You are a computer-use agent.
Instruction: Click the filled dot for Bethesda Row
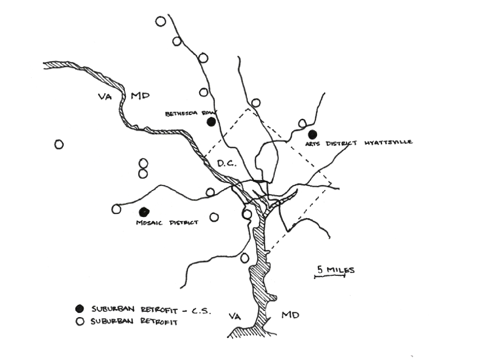click(211, 122)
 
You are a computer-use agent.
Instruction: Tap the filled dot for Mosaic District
click(144, 211)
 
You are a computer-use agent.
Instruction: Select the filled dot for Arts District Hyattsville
click(312, 134)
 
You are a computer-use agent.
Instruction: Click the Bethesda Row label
click(191, 114)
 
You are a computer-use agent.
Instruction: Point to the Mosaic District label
click(167, 223)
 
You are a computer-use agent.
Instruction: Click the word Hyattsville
click(388, 143)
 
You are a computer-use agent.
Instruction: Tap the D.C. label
click(227, 164)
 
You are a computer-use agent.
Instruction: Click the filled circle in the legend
click(79, 309)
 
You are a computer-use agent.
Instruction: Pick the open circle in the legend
click(80, 321)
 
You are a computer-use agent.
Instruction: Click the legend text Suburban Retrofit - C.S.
click(151, 310)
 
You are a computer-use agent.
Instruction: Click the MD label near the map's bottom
click(290, 315)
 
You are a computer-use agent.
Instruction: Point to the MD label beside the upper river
click(140, 96)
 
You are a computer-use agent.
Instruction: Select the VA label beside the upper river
click(105, 96)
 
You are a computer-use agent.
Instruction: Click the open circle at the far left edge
click(59, 145)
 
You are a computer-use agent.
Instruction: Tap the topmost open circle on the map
click(161, 22)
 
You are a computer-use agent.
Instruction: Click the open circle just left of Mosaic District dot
click(116, 209)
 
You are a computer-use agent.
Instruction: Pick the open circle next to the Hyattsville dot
click(302, 123)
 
